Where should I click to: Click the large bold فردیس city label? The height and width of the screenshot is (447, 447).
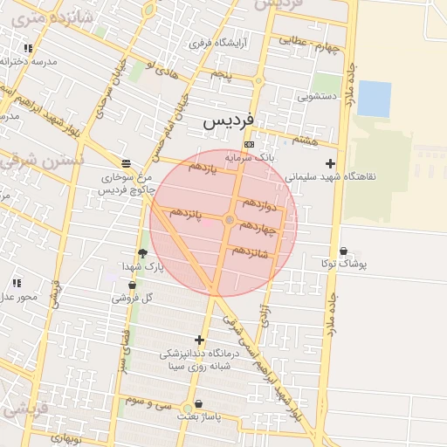point(228,120)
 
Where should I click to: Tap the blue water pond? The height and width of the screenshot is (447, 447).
point(374,98)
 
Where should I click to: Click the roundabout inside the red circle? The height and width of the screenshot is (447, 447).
point(229,220)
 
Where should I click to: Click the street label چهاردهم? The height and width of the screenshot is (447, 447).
point(257,228)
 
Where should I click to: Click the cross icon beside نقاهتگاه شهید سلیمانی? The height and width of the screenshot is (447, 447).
point(329,163)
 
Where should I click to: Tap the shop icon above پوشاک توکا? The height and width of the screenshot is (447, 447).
point(343,251)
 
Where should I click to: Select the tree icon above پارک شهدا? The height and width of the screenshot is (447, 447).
point(142,253)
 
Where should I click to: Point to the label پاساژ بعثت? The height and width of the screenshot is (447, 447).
point(201,416)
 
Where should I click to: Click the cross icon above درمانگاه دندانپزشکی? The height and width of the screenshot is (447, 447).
point(199,340)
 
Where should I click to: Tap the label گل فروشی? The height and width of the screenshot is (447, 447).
point(132,297)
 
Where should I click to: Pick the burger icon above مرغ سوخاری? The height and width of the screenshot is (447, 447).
point(127,163)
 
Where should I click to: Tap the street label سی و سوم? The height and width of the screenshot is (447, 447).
point(146,402)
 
